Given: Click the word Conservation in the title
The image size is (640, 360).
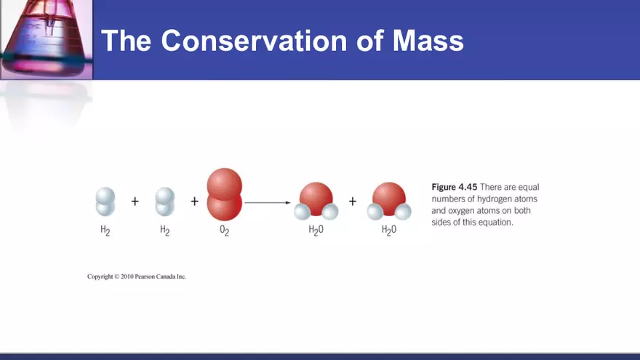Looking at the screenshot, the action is click(x=254, y=41).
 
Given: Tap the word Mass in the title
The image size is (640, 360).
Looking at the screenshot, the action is click(x=428, y=41).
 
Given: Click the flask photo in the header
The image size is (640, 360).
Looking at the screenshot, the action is click(x=46, y=39).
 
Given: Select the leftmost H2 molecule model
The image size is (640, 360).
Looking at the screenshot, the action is click(x=105, y=201).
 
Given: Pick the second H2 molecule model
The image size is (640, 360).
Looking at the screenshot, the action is click(x=165, y=201).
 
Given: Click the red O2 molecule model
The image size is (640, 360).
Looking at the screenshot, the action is click(x=225, y=194).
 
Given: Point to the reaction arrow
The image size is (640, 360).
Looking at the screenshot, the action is click(x=268, y=202).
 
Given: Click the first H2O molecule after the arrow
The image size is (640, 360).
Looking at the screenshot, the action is click(x=316, y=201).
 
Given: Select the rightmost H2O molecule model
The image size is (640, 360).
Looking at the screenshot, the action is click(x=389, y=201).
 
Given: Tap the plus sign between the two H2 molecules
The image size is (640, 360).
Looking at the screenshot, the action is click(x=135, y=201).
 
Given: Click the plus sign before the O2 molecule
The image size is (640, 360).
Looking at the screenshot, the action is click(x=195, y=201).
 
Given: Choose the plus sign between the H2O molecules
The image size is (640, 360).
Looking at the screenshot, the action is click(x=353, y=201).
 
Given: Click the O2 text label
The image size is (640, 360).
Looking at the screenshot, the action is click(x=225, y=231).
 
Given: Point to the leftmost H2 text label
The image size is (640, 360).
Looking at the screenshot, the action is click(x=105, y=231).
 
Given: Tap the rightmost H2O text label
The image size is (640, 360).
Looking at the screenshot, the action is click(x=389, y=231).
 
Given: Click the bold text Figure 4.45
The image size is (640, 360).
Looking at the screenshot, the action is click(x=455, y=187).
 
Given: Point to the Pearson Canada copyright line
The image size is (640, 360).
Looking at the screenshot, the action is click(x=137, y=276).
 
